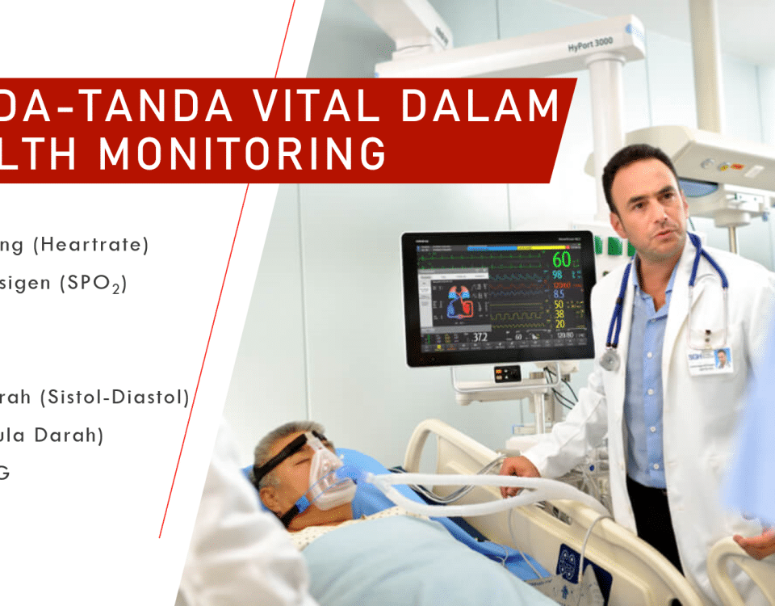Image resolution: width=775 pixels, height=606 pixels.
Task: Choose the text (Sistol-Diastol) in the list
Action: pos(118,397)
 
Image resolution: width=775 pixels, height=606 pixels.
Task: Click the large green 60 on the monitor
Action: pos(561,260)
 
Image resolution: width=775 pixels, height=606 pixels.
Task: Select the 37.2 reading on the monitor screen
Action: pos(480,335)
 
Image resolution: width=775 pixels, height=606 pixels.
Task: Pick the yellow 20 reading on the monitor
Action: pos(559,324)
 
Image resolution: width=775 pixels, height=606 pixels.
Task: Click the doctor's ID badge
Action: pos(710,360)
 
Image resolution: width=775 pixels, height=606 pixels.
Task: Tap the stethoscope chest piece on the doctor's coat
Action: pos(610,358)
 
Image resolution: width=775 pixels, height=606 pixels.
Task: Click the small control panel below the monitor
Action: pos(507,373)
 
